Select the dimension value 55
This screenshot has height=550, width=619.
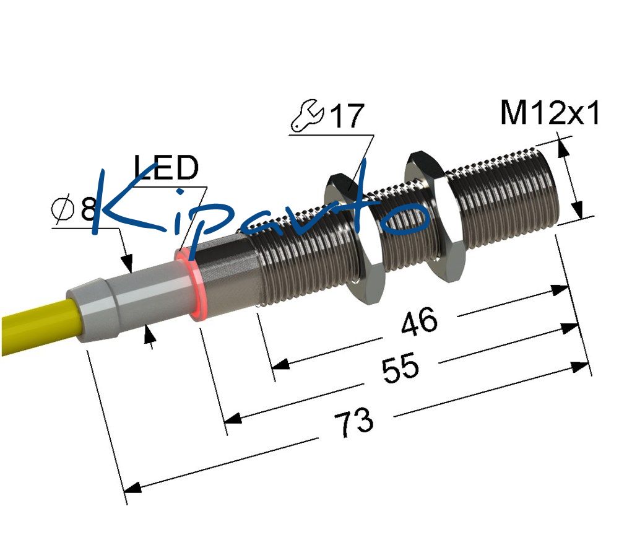click(400, 368)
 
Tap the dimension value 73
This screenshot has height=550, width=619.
click(353, 422)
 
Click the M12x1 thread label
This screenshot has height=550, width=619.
click(550, 113)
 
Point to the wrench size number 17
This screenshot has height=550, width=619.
click(347, 116)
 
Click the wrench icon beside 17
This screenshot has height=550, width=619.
click(308, 116)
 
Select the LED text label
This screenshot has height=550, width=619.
click(166, 167)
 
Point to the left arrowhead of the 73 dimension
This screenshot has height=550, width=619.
click(132, 487)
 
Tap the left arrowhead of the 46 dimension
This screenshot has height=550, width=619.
click(280, 364)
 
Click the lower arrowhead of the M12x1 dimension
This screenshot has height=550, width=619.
click(577, 209)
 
